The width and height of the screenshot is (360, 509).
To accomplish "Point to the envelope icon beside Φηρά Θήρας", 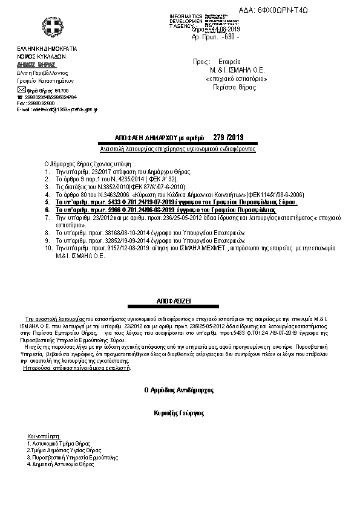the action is pos(21,89).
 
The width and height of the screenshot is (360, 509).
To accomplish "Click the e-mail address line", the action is pos(57,109).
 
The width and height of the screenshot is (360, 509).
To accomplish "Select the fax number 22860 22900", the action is pos(41,103).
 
